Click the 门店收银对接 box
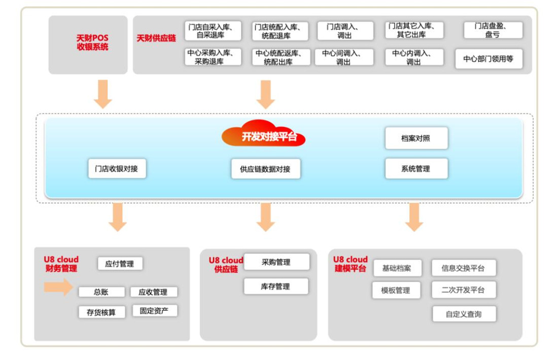click(117, 168)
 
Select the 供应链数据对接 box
click(265, 169)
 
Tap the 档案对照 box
click(416, 138)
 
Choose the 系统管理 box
click(416, 169)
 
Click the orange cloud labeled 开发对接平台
click(264, 135)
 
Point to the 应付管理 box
click(120, 264)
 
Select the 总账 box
click(101, 292)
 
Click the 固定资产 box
click(154, 311)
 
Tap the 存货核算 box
click(101, 312)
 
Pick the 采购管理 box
click(276, 262)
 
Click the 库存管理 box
click(276, 286)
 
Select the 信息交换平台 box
click(464, 268)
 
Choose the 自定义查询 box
click(464, 314)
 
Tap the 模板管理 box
click(396, 291)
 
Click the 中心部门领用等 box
click(488, 59)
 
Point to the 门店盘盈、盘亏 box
click(493, 30)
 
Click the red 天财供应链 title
click(156, 38)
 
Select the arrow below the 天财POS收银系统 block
click(103, 93)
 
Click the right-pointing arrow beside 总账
click(58, 287)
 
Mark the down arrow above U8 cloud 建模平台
click(414, 217)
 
